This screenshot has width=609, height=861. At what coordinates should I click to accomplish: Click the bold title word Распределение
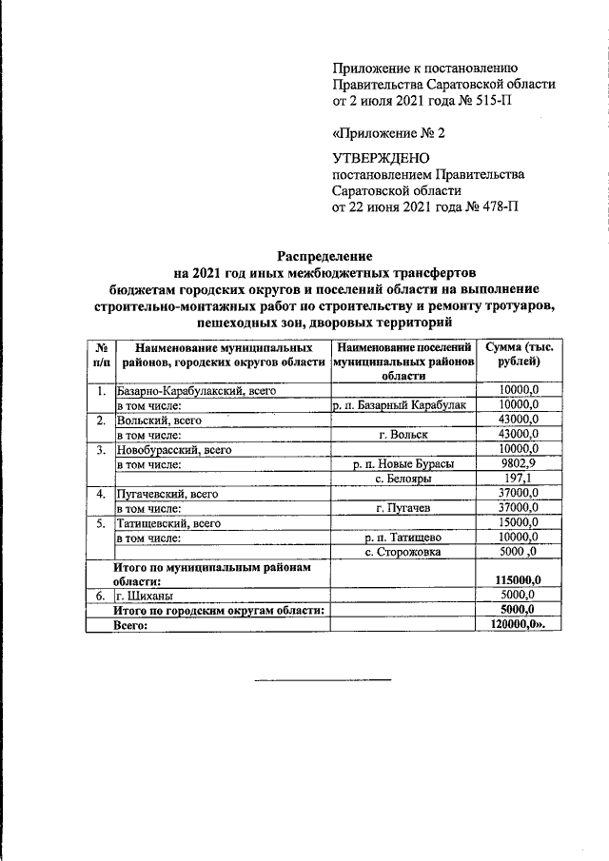coord(324,257)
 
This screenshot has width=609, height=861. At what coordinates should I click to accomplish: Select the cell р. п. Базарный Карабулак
coord(401,405)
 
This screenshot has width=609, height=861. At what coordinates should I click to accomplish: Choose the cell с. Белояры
coord(402,478)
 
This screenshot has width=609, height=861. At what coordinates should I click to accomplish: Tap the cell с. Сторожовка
coord(402,551)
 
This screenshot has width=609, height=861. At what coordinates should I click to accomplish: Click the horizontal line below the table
coord(323,679)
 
